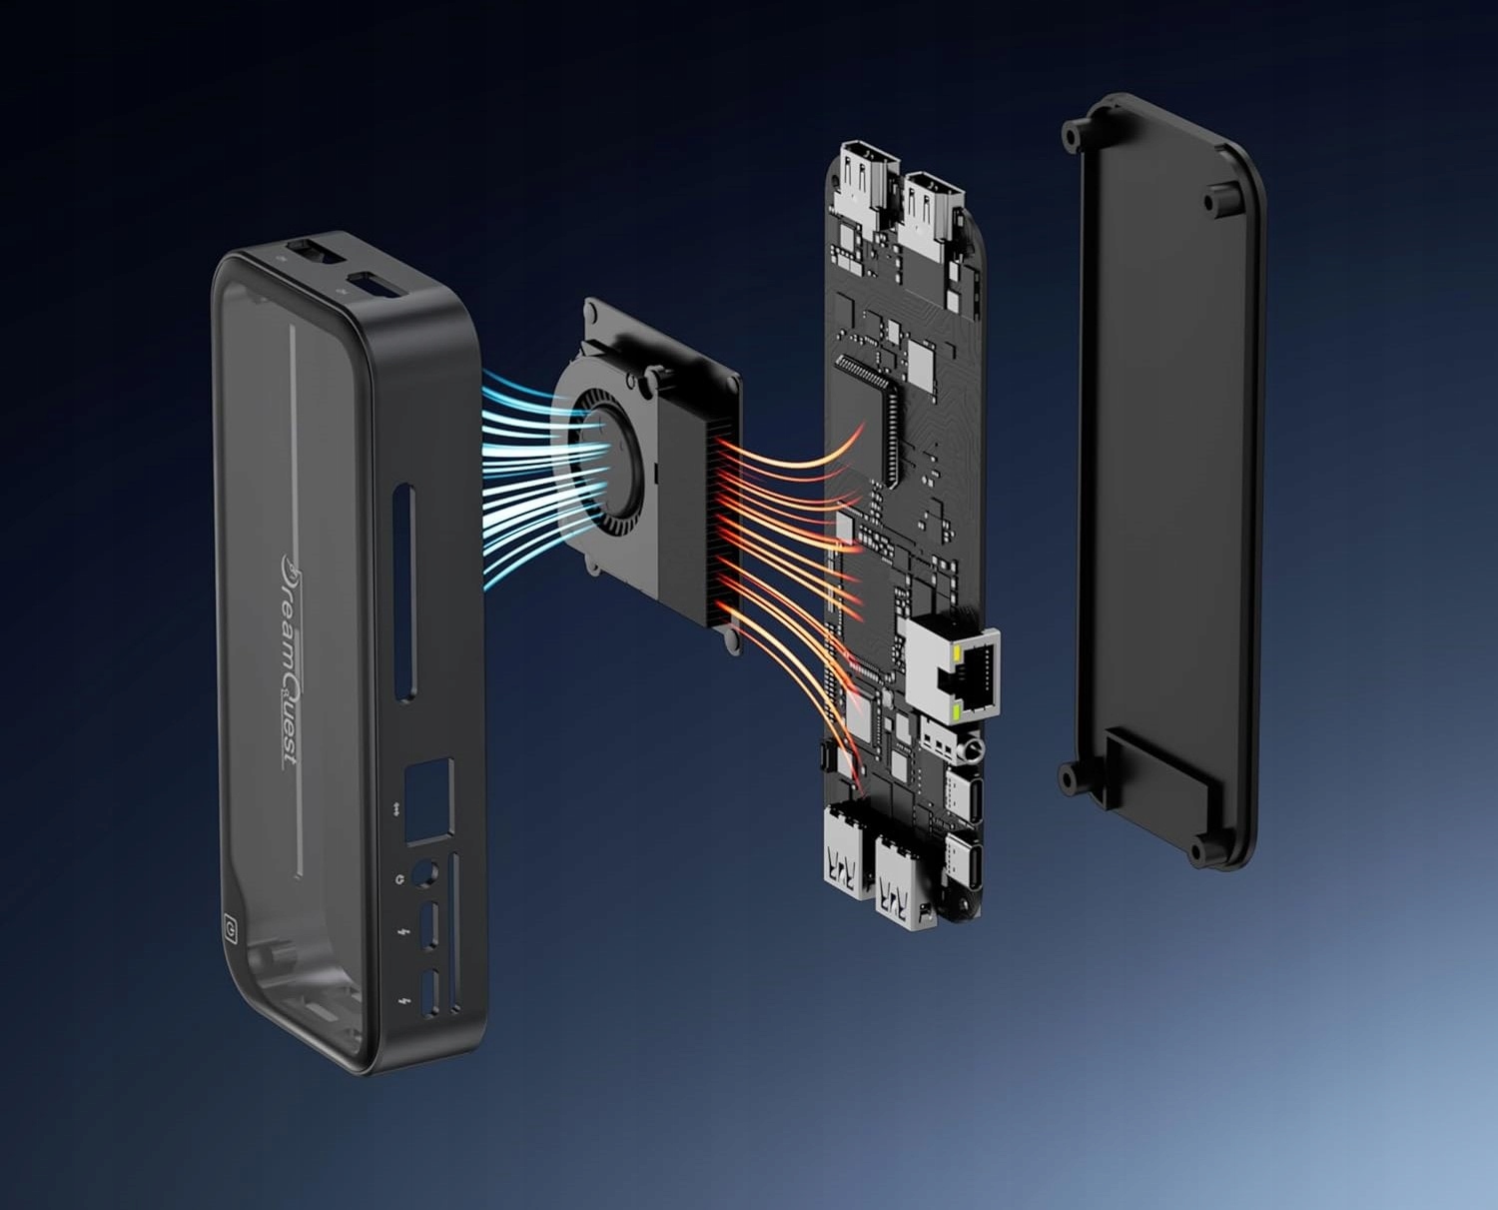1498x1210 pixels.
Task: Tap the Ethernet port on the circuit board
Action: [953, 673]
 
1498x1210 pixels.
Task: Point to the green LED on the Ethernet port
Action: [957, 712]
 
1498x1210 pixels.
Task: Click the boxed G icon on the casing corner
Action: [230, 928]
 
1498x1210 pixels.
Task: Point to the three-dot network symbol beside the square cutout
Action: [397, 809]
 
